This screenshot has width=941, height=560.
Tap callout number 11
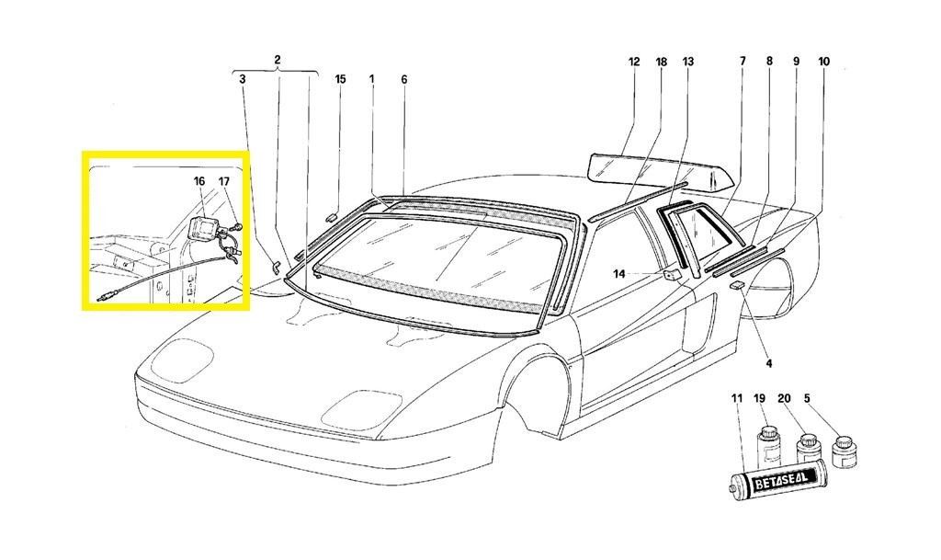pos(736,398)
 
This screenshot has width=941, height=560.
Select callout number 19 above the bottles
pos(759,398)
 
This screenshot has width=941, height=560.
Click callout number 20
pos(784,398)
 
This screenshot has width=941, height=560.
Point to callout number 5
pos(807,398)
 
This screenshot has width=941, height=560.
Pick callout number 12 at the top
pos(634,63)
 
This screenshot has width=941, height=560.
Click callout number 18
pos(661,63)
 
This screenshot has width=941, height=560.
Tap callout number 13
pos(688,63)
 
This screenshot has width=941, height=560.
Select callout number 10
pos(823,63)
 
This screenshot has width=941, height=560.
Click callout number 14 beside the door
pos(619,273)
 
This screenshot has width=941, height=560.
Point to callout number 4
pos(768,363)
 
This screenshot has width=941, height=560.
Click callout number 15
pos(340,79)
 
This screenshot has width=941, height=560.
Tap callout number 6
pos(403,79)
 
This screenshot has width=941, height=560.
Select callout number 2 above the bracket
pos(277,61)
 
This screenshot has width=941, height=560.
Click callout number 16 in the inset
pos(199,181)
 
